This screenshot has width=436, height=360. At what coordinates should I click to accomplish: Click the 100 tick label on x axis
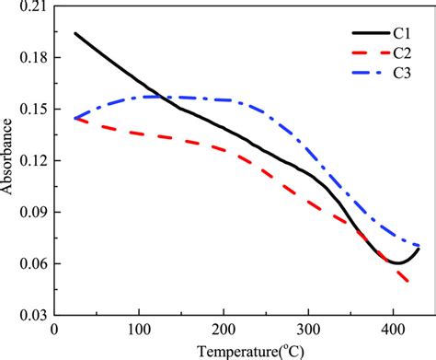139,329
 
